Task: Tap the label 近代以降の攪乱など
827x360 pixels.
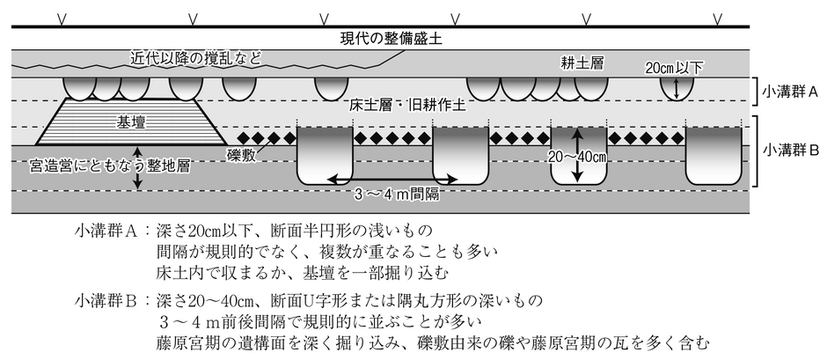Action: coord(195,58)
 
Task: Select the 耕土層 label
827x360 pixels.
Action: coord(582,63)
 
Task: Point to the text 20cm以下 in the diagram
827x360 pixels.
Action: coord(675,68)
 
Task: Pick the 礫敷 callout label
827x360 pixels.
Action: coord(241,156)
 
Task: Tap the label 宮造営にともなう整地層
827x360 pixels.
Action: coord(110,167)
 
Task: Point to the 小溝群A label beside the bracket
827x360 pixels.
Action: coord(789,92)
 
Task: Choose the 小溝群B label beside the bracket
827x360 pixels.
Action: coord(789,151)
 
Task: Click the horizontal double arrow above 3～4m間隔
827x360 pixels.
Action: coord(392,180)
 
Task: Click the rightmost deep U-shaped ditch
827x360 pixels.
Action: coord(714,156)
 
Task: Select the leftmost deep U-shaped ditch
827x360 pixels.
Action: coord(325,156)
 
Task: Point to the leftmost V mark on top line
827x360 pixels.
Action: coord(62,19)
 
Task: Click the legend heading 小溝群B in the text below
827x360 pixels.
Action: coord(107,301)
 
